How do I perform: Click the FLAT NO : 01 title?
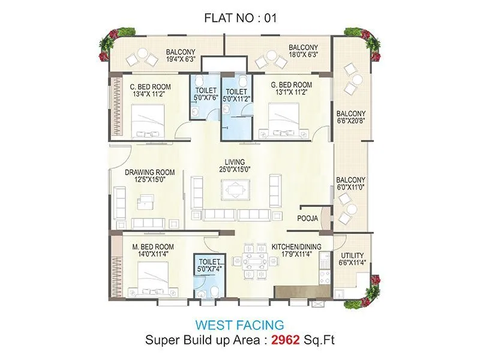[x=240, y=18]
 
